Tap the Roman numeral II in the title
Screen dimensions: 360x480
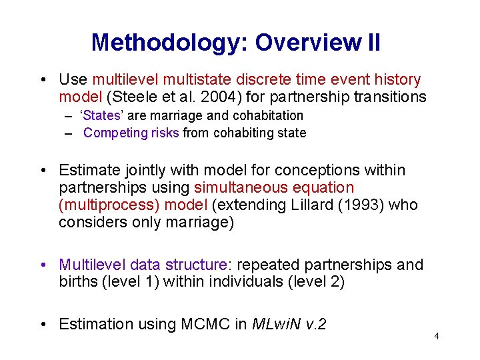pyautogui.click(x=373, y=43)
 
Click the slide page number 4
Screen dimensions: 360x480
pyautogui.click(x=436, y=336)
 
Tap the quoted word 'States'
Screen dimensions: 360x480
pyautogui.click(x=101, y=116)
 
